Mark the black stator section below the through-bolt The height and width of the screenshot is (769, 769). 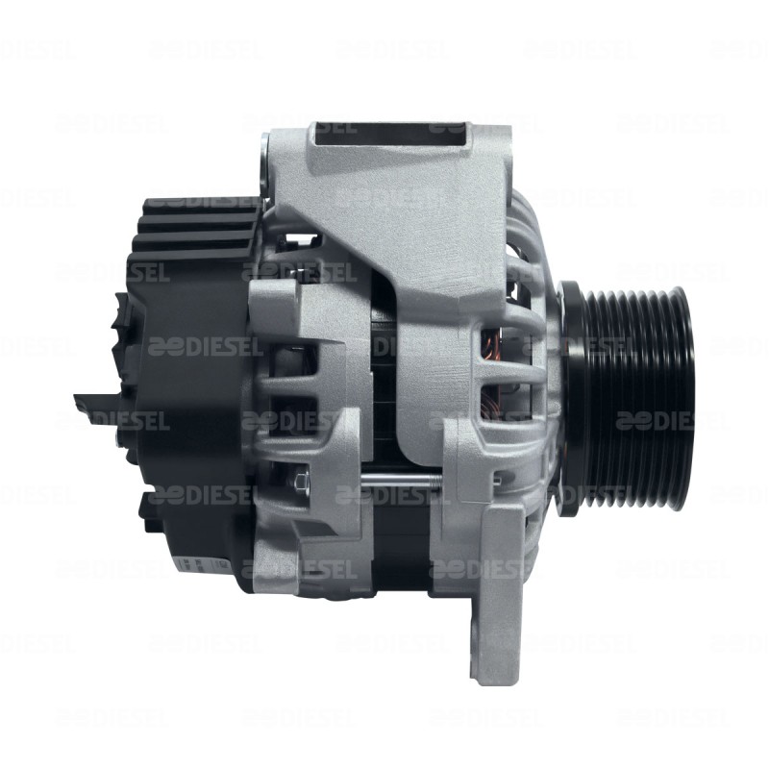tap(404, 538)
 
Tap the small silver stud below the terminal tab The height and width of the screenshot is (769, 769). tap(113, 438)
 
